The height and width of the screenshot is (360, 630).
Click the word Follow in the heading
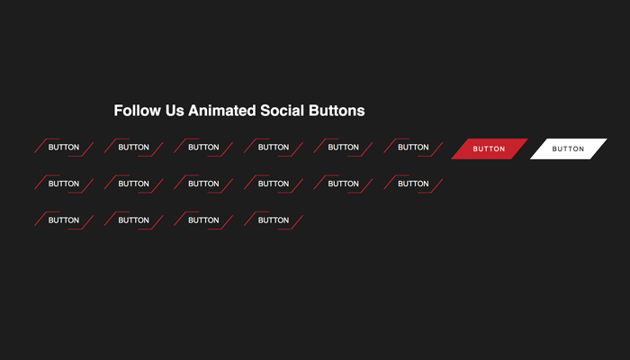pyautogui.click(x=138, y=111)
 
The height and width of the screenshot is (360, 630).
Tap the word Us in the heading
pyautogui.click(x=175, y=111)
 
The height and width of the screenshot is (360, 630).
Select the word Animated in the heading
pyautogui.click(x=222, y=111)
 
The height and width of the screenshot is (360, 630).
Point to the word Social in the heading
pyautogui.click(x=282, y=111)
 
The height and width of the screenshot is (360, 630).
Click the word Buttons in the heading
pyautogui.click(x=337, y=111)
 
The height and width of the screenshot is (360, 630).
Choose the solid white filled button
pyautogui.click(x=569, y=148)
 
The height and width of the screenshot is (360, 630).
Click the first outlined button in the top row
pyautogui.click(x=64, y=148)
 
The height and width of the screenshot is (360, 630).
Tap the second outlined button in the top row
pyautogui.click(x=134, y=148)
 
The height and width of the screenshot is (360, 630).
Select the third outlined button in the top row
pyautogui.click(x=203, y=148)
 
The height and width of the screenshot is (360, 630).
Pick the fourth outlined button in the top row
pyautogui.click(x=274, y=148)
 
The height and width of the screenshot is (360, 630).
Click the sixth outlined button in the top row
pyautogui.click(x=413, y=148)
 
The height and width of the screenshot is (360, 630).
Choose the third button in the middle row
pyautogui.click(x=203, y=184)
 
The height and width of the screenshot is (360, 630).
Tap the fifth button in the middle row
pyautogui.click(x=344, y=184)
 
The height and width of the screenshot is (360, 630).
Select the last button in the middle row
pyautogui.click(x=413, y=184)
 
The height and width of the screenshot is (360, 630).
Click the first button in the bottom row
pyautogui.click(x=64, y=220)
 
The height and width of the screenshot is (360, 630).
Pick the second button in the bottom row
pyautogui.click(x=134, y=220)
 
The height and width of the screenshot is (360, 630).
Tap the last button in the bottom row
pyautogui.click(x=274, y=220)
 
